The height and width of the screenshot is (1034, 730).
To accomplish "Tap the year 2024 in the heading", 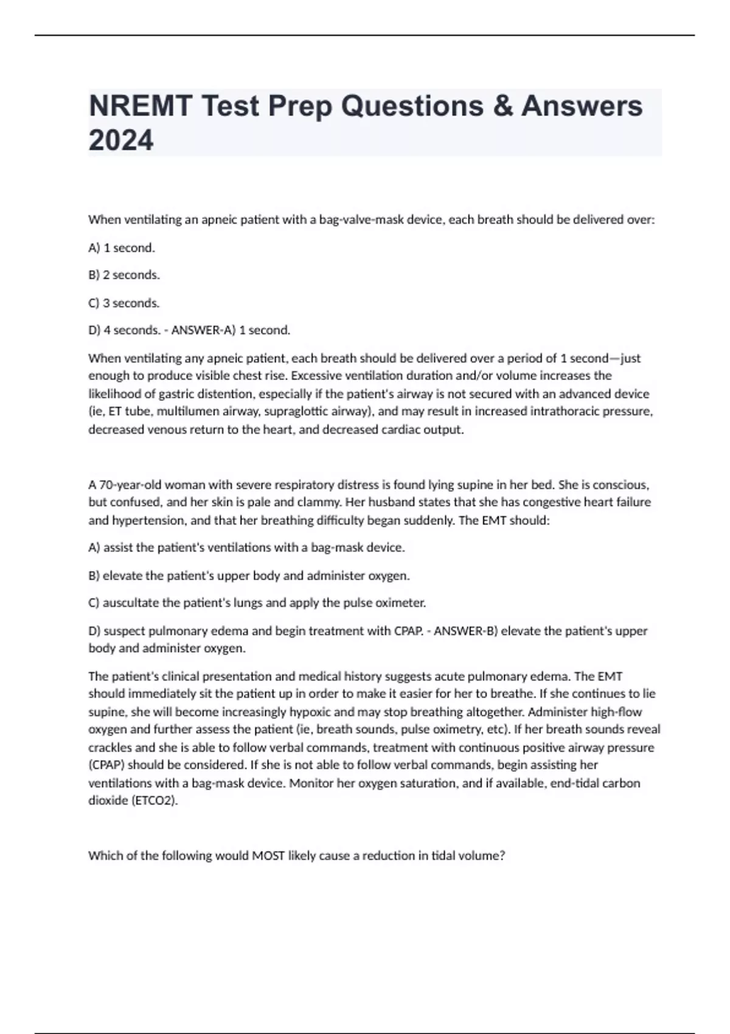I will pos(121,141).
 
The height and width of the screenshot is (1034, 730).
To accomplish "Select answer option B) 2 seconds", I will pos(124,275).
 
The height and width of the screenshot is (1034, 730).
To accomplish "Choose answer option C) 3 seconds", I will pos(124,303).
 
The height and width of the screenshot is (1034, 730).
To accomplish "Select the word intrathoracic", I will pos(565,411).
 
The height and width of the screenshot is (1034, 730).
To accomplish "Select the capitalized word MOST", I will pos(268,856).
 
